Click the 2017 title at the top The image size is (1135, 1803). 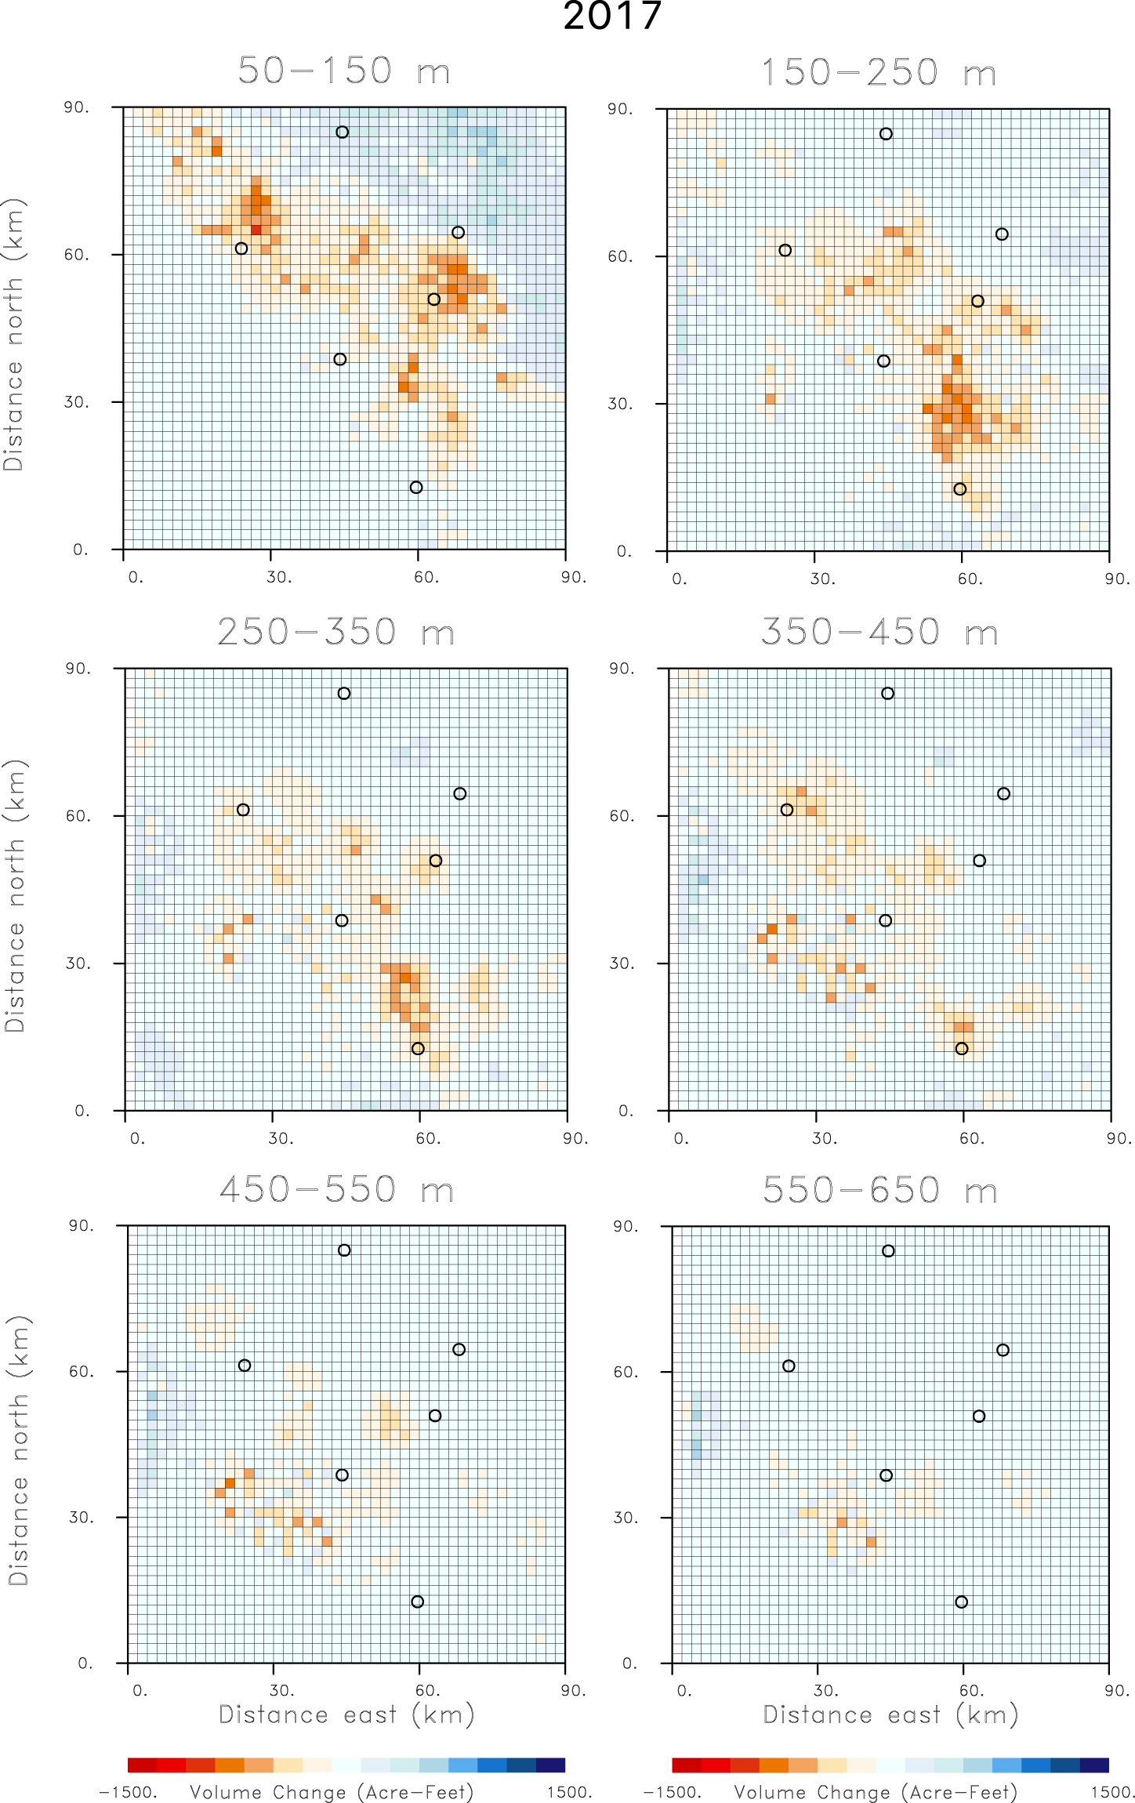click(612, 16)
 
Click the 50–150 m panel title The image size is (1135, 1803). click(343, 71)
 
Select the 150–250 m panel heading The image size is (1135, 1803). click(878, 73)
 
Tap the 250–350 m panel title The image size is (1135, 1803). click(335, 632)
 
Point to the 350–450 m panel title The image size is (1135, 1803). click(879, 632)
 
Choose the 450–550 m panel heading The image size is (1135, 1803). click(336, 1189)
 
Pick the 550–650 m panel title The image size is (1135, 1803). click(879, 1190)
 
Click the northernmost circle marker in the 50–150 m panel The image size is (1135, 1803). click(342, 132)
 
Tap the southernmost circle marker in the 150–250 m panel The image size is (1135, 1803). click(959, 489)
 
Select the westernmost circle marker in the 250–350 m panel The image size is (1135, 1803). click(243, 810)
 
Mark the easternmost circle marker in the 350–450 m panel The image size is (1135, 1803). click(1003, 794)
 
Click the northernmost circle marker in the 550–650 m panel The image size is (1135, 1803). click(888, 1251)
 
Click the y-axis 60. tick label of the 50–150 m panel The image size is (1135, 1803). click(76, 255)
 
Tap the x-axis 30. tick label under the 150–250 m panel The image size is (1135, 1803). click(822, 579)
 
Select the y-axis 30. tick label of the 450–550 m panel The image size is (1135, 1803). click(80, 1517)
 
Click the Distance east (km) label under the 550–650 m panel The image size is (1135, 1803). click(890, 1715)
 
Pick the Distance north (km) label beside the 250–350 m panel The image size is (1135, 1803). click(15, 895)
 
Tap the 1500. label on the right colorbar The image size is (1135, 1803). click(1112, 1793)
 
